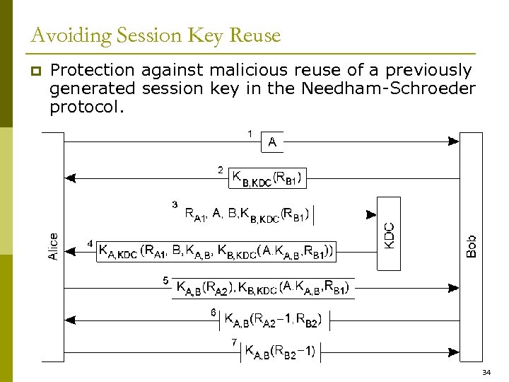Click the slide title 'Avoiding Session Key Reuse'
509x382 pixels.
pyautogui.click(x=156, y=35)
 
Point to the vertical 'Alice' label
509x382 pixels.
pyautogui.click(x=54, y=246)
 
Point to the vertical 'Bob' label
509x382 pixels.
pyautogui.click(x=472, y=246)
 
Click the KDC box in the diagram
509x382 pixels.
pyautogui.click(x=389, y=234)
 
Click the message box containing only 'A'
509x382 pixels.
pyautogui.click(x=272, y=142)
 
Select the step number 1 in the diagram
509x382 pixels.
pyautogui.click(x=250, y=133)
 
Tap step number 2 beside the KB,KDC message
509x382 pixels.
pyautogui.click(x=221, y=170)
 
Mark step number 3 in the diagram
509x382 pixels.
pyautogui.click(x=175, y=204)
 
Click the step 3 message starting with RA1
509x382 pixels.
pyautogui.click(x=247, y=214)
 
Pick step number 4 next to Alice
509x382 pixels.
pyautogui.click(x=90, y=243)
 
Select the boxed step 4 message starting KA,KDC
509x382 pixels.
pyautogui.click(x=216, y=250)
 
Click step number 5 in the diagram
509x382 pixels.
pyautogui.click(x=165, y=280)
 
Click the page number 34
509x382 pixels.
pyautogui.click(x=486, y=372)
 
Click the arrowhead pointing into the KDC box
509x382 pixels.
pyautogui.click(x=370, y=214)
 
